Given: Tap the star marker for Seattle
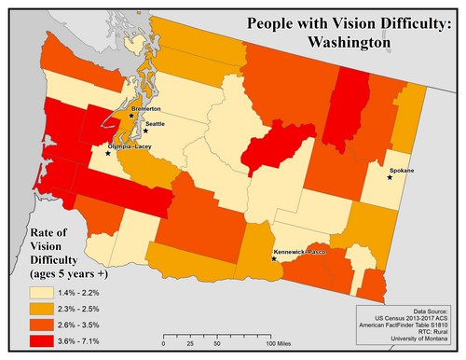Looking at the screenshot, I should [145, 131].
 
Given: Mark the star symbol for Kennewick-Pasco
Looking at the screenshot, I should [273, 258].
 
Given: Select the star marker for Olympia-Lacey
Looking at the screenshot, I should [108, 153].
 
